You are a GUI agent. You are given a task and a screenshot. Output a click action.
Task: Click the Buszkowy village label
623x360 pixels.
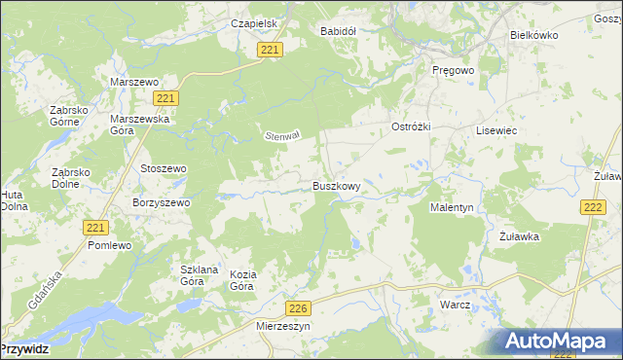[x=337, y=186]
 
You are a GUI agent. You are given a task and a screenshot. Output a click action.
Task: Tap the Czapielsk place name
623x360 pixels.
[x=228, y=23]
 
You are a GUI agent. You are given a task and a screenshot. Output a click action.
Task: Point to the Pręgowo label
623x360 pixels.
[x=453, y=71]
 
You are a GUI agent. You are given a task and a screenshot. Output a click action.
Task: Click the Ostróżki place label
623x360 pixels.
[x=411, y=128]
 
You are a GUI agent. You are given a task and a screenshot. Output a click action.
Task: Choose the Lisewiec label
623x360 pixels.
[x=495, y=130]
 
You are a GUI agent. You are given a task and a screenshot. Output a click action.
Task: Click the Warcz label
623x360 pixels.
[x=455, y=305]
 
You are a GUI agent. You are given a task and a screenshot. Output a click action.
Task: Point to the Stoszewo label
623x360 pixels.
[x=163, y=168]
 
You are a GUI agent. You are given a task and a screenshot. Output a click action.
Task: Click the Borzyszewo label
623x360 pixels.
[x=161, y=202]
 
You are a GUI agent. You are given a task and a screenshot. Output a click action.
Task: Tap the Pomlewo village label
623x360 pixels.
[x=109, y=246]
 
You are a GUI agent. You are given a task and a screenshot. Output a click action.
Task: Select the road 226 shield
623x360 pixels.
[x=300, y=308]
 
